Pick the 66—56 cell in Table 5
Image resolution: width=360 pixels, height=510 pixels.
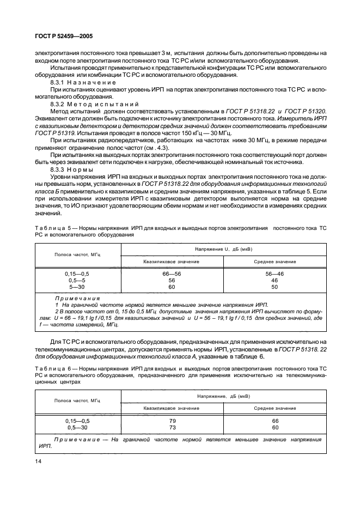pos(172,274)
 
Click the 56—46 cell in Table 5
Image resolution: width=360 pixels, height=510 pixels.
pos(274,274)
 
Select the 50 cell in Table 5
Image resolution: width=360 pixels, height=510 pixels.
pos(274,287)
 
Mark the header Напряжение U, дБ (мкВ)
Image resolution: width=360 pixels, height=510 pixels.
pos(223,249)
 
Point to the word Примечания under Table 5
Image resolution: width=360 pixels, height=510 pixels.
pos(77,299)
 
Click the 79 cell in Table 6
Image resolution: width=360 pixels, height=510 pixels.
pos(172,421)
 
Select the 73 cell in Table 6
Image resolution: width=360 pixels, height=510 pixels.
pos(172,428)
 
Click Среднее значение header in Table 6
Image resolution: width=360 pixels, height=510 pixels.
pos(274,408)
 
